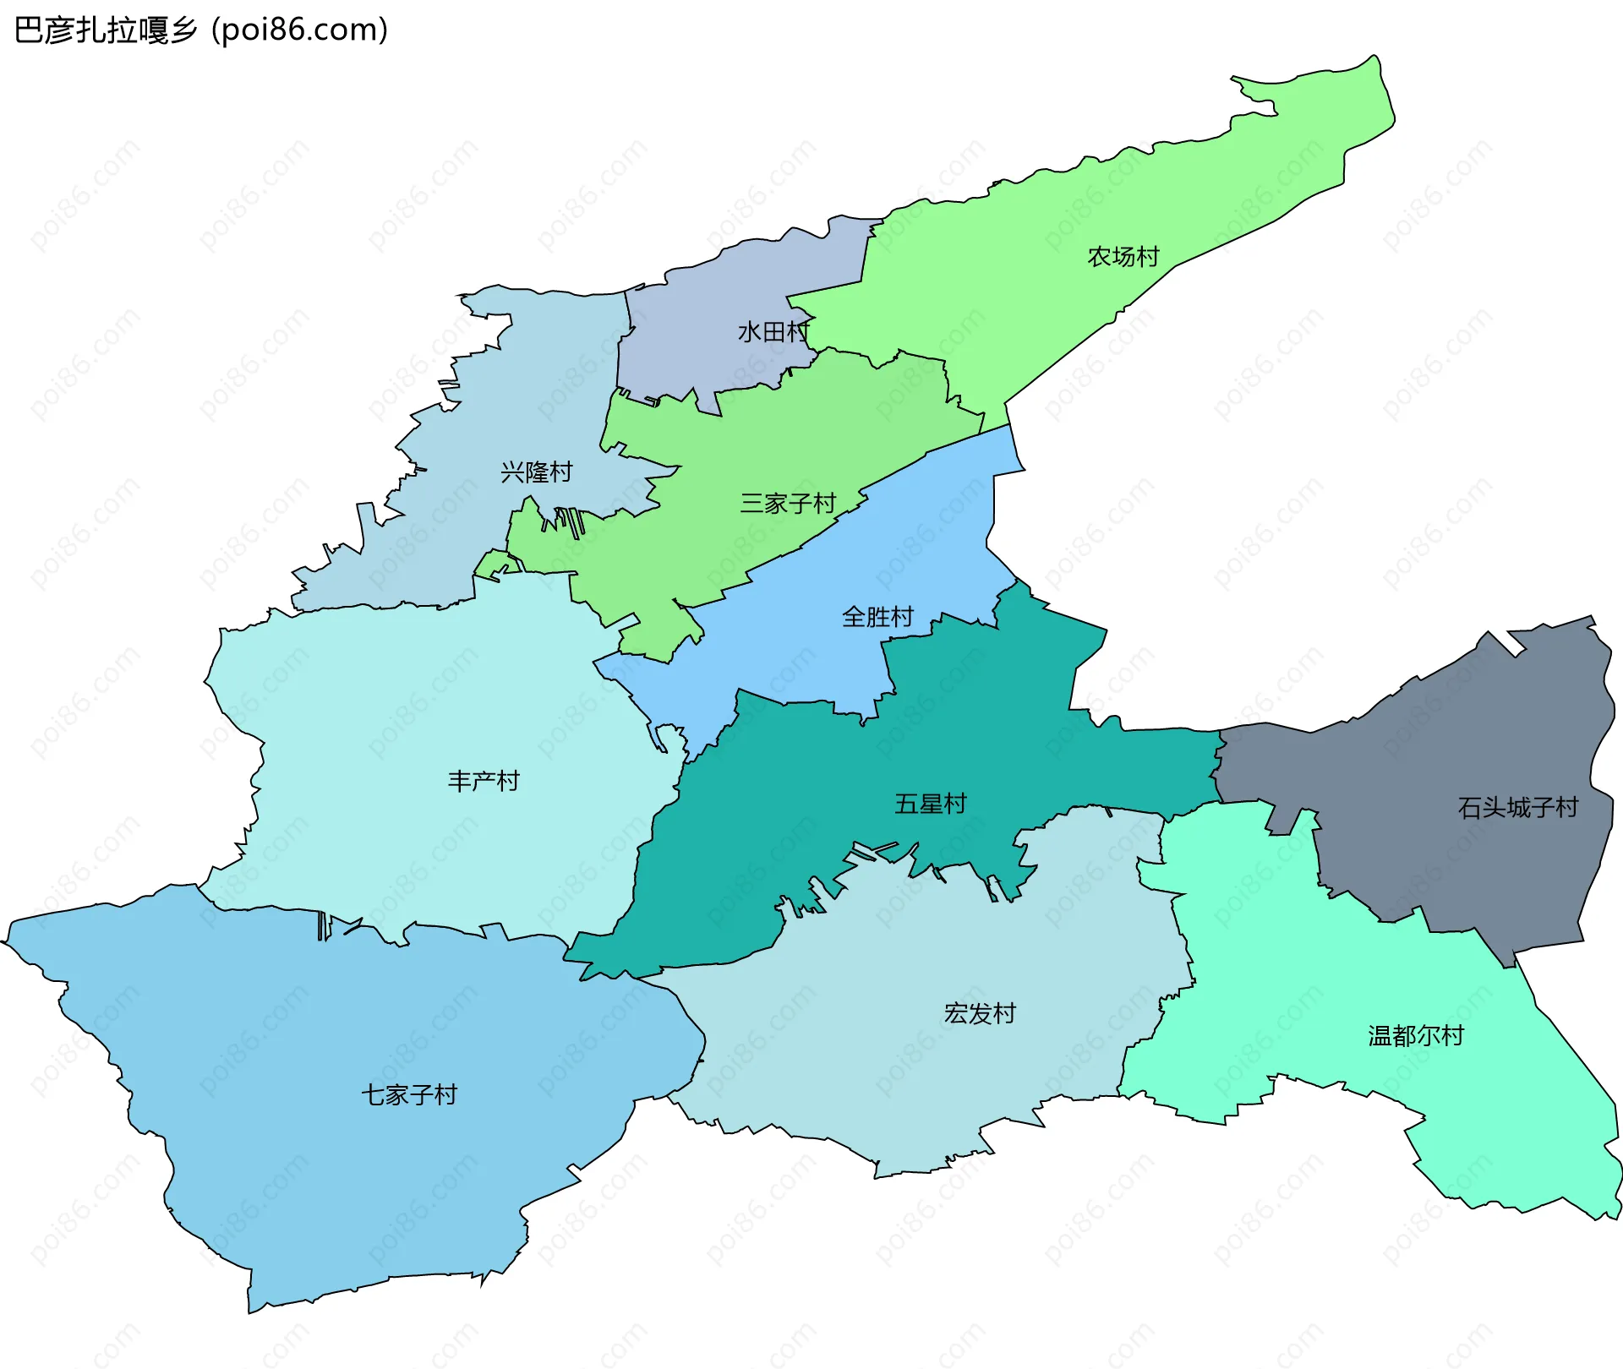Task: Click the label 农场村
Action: click(1123, 257)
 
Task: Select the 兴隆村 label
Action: click(536, 472)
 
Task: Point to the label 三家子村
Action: click(788, 504)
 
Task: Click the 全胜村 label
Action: click(877, 617)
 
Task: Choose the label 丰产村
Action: click(483, 781)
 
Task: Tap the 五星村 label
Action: click(930, 804)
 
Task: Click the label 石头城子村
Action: click(1517, 808)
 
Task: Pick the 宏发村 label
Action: click(979, 1013)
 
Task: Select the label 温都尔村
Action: click(1415, 1035)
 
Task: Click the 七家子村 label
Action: click(409, 1095)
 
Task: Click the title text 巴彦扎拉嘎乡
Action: click(106, 30)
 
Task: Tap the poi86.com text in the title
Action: click(299, 30)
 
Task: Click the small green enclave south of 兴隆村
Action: click(495, 565)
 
